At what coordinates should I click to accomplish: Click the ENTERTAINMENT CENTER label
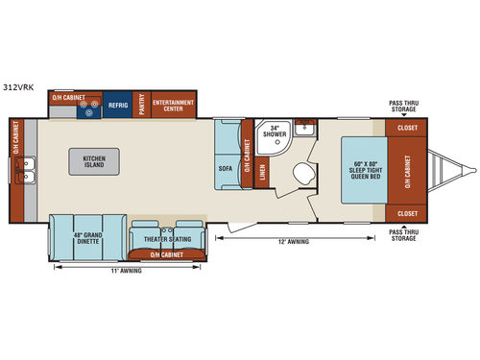click(173, 105)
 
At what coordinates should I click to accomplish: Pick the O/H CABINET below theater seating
click(170, 254)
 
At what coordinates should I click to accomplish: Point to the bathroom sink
click(304, 128)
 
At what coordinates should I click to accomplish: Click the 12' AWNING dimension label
click(295, 242)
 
